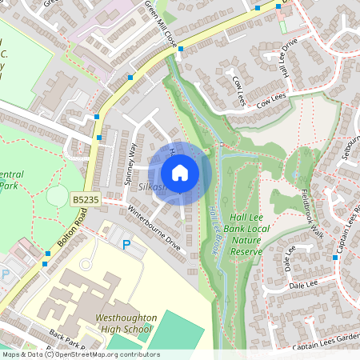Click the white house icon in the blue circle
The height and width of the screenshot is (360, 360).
[x=180, y=172]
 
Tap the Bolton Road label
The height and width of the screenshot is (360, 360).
[x=70, y=227]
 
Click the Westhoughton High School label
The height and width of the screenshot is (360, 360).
[x=124, y=323]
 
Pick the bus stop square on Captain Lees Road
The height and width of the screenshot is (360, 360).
[x=334, y=258]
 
